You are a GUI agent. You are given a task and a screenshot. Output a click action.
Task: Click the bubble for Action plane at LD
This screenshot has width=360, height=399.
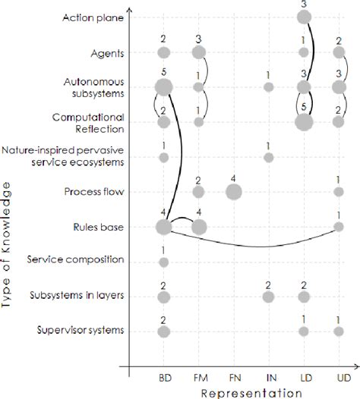click(304, 17)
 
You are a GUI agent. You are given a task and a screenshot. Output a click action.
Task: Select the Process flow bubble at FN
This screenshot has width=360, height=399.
click(234, 192)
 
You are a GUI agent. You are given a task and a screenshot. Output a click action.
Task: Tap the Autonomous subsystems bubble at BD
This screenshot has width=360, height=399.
click(164, 88)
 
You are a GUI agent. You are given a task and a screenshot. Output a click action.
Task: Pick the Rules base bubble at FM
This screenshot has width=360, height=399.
click(198, 227)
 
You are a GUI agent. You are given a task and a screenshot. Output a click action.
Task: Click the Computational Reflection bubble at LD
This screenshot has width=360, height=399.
click(304, 121)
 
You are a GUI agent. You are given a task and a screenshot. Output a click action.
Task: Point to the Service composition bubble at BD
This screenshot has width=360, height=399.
click(164, 262)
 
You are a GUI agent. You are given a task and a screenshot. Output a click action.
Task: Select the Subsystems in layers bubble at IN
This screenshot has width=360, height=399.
click(268, 297)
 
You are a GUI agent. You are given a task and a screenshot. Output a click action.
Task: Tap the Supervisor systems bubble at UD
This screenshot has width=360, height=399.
click(339, 331)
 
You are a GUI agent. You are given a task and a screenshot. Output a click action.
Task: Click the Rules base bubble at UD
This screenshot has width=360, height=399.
click(339, 227)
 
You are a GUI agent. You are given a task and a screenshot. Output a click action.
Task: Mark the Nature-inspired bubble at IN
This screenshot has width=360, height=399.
click(268, 157)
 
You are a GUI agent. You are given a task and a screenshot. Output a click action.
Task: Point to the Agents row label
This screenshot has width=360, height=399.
click(106, 52)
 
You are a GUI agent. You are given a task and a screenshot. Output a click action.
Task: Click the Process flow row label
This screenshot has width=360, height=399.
click(95, 192)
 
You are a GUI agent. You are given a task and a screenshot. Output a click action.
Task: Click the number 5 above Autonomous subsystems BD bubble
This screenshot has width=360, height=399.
click(164, 72)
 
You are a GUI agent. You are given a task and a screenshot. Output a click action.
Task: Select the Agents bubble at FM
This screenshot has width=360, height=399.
click(198, 52)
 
